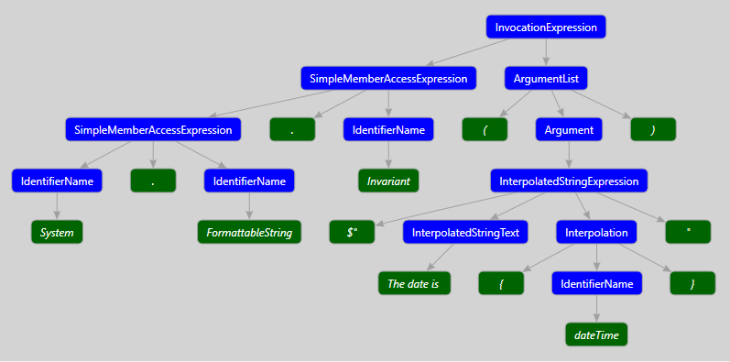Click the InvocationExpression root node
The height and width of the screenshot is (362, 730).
pyautogui.click(x=546, y=27)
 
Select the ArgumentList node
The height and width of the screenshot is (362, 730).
pyautogui.click(x=546, y=79)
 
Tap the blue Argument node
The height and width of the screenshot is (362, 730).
pyautogui.click(x=569, y=130)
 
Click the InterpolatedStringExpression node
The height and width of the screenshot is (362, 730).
pyautogui.click(x=569, y=181)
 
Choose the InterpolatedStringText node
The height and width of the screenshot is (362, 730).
pyautogui.click(x=465, y=233)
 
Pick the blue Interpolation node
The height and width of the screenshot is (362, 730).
pyautogui.click(x=595, y=233)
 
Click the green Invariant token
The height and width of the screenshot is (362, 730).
pyautogui.click(x=388, y=181)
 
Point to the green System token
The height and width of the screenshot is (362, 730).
pyautogui.click(x=57, y=233)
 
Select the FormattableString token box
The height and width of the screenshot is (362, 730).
pyautogui.click(x=249, y=233)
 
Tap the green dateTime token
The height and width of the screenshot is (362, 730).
pyautogui.click(x=596, y=335)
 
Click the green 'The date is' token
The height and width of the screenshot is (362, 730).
pyautogui.click(x=414, y=284)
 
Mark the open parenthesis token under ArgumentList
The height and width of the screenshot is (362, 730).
pyautogui.click(x=484, y=130)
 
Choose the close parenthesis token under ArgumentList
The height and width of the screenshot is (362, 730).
pyautogui.click(x=653, y=130)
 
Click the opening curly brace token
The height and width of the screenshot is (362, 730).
pyautogui.click(x=501, y=284)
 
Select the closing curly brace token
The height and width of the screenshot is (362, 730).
pyautogui.click(x=692, y=284)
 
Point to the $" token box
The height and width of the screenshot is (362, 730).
pyautogui.click(x=353, y=233)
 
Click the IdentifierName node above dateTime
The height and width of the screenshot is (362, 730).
pyautogui.click(x=596, y=284)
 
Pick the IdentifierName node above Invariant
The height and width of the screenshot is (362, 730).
pyautogui.click(x=388, y=130)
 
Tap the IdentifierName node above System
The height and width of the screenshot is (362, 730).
pyautogui.click(x=57, y=181)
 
